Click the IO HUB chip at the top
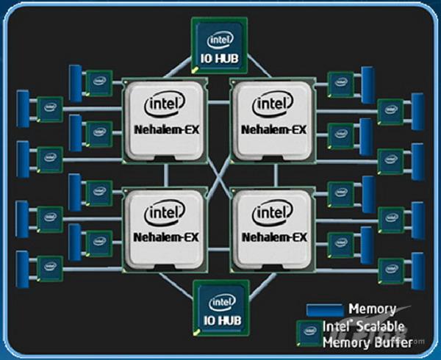tap(220, 45)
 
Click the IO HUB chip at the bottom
tap(220, 309)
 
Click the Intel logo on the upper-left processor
tap(163, 106)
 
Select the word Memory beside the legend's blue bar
tap(372, 309)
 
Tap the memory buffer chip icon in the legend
tap(306, 333)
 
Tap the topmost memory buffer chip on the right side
tap(339, 82)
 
